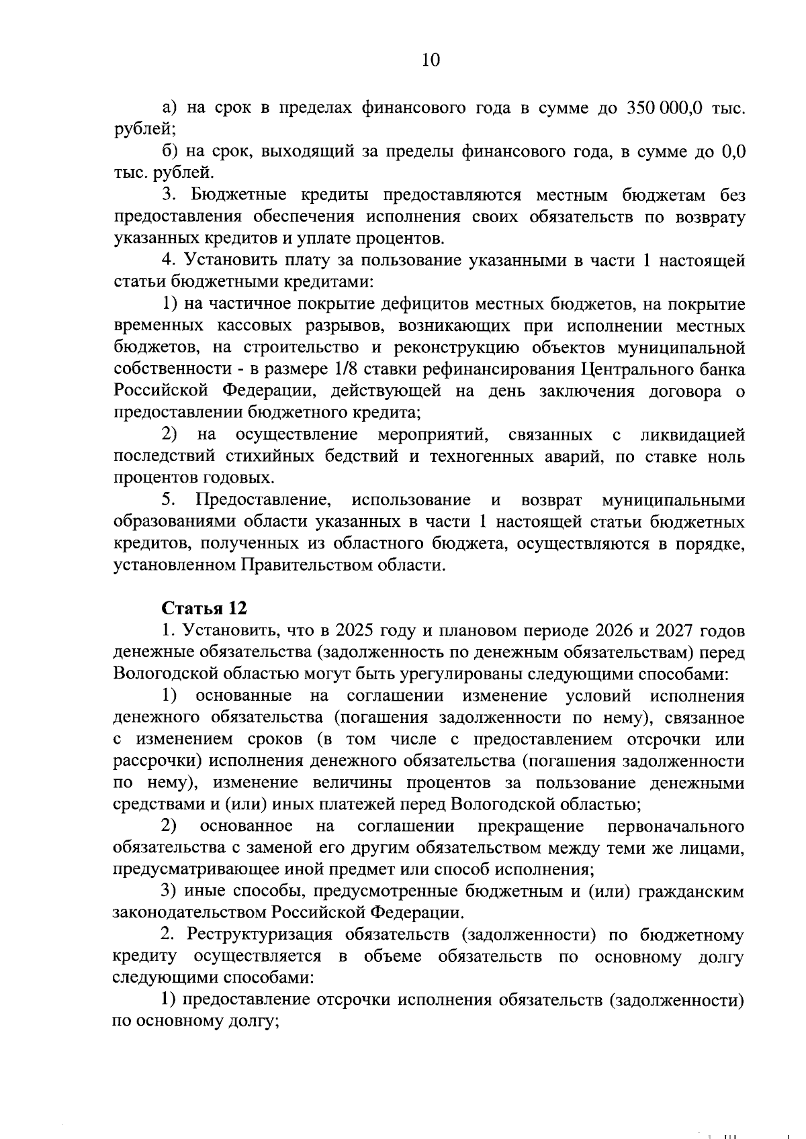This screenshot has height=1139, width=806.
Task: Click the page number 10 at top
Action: coord(430,60)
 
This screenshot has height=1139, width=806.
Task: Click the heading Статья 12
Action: coord(204,608)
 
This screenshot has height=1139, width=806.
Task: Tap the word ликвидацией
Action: coord(692,435)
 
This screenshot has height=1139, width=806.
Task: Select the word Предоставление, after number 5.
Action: coord(265,500)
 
